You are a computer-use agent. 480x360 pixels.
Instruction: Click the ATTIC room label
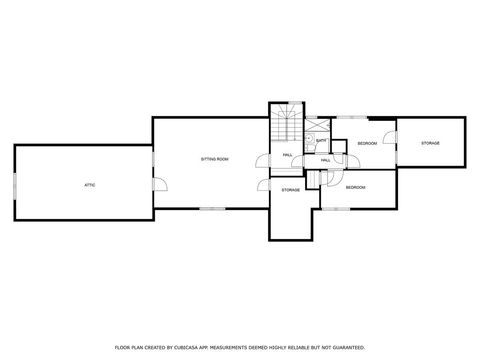click(x=89, y=185)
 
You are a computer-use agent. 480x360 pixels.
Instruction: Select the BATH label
click(x=320, y=140)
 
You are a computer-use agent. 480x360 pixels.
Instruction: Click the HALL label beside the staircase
click(x=287, y=155)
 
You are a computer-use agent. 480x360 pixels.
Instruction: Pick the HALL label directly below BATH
click(x=326, y=160)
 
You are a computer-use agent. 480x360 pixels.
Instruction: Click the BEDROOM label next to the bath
click(x=367, y=143)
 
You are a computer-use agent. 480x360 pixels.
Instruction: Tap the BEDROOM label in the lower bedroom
click(x=356, y=187)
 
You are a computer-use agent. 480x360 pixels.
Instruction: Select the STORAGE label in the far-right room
click(x=430, y=143)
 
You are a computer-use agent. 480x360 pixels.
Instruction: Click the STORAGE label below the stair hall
click(x=290, y=189)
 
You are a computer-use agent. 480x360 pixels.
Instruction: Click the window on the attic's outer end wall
click(x=15, y=184)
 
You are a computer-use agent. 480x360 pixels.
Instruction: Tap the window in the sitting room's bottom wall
click(x=212, y=209)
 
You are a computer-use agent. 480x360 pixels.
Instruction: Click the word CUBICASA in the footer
click(x=219, y=347)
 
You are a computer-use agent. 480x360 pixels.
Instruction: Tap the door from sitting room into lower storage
click(x=263, y=184)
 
